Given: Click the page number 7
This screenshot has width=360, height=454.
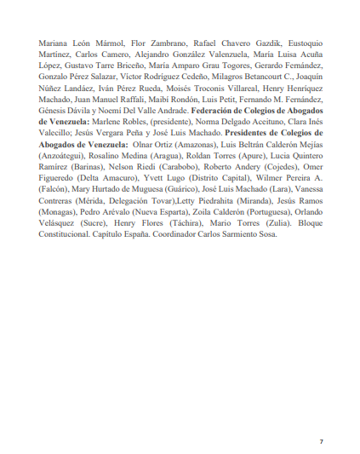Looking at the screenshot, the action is (x=321, y=417).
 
